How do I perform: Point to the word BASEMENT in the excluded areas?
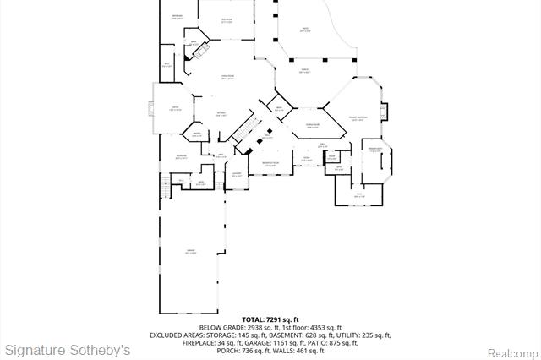[285, 335]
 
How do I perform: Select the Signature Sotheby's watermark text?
[68, 349]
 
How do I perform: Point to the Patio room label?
[305, 30]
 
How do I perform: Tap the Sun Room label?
[227, 20]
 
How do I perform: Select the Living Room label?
[227, 76]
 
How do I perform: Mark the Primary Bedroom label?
[358, 117]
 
